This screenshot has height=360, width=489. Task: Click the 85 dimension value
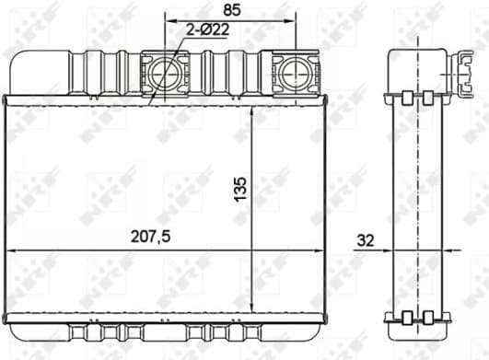232,10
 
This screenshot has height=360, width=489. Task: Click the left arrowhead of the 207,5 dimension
11,249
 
